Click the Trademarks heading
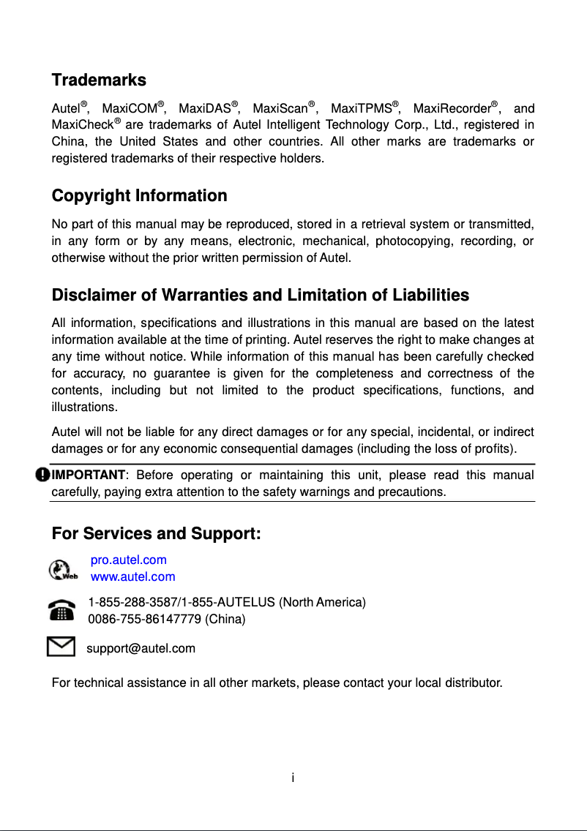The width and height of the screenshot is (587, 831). click(x=99, y=80)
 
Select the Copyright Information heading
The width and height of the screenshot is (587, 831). click(x=139, y=196)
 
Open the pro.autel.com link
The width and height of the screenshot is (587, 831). click(x=128, y=560)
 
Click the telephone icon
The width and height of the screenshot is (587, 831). click(x=61, y=610)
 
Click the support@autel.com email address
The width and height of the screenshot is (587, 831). click(x=141, y=648)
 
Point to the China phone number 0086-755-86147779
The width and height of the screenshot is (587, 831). click(x=145, y=619)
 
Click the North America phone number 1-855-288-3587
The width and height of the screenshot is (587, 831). click(x=133, y=603)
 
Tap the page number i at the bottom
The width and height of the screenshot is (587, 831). click(x=293, y=777)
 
